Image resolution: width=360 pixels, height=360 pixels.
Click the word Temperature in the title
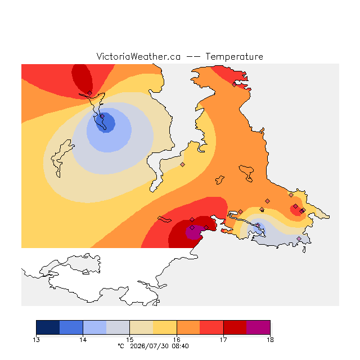234,56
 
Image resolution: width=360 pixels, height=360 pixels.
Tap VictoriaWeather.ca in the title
138,56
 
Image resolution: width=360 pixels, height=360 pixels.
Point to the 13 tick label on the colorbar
36,340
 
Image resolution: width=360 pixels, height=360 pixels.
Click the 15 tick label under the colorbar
130,340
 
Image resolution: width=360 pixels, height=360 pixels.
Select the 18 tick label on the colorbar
270,340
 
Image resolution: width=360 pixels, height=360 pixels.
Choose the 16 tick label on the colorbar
177,340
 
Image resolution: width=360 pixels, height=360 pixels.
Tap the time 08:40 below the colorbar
180,346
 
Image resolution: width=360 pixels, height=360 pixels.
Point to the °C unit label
121,346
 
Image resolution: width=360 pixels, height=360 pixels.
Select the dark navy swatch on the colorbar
48,327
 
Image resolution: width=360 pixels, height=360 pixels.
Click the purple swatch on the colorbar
258,327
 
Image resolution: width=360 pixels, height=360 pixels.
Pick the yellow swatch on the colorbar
165,327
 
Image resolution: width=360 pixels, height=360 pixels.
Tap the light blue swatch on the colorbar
95,327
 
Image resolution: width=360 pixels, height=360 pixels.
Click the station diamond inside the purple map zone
192,227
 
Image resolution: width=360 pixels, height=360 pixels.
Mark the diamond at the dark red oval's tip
90,93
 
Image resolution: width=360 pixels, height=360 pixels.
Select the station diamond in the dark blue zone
102,116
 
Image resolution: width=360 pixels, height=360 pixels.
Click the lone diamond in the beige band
182,164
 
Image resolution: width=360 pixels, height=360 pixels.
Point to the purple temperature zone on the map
193,232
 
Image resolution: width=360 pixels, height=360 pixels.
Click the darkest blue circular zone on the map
104,123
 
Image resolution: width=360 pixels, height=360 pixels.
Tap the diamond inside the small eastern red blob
295,206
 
